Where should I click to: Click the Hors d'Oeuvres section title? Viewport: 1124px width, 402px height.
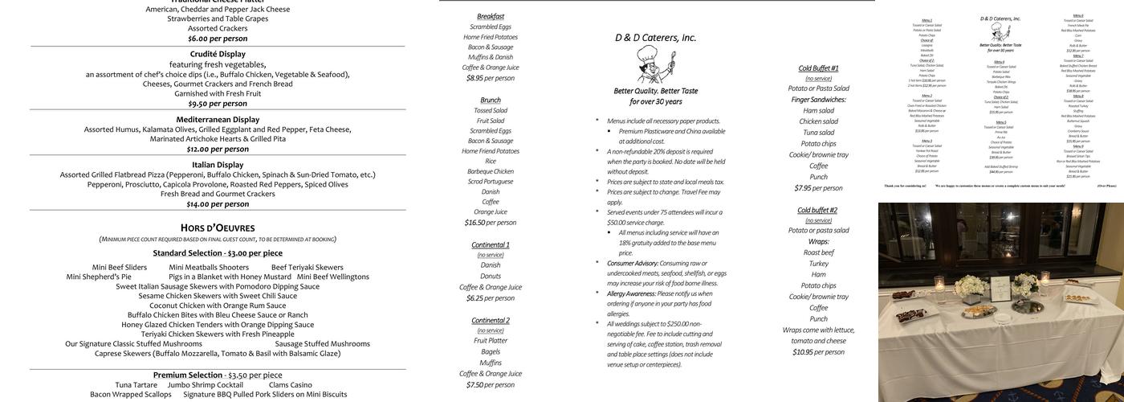[218, 228]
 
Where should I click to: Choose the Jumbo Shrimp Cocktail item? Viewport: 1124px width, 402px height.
[205, 385]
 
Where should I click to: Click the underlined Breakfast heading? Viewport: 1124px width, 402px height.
[491, 16]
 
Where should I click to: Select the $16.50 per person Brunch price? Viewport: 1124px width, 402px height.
[490, 223]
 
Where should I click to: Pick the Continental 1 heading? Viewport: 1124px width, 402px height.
[490, 244]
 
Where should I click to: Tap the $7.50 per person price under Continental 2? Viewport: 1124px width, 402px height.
[490, 385]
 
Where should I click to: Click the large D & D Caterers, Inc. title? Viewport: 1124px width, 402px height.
[655, 38]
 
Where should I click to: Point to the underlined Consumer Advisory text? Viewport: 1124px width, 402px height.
[632, 263]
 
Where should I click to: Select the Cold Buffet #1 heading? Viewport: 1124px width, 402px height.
[818, 68]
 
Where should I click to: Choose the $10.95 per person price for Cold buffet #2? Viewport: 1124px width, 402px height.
[818, 352]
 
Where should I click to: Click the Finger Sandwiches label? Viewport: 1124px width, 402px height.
[818, 100]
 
